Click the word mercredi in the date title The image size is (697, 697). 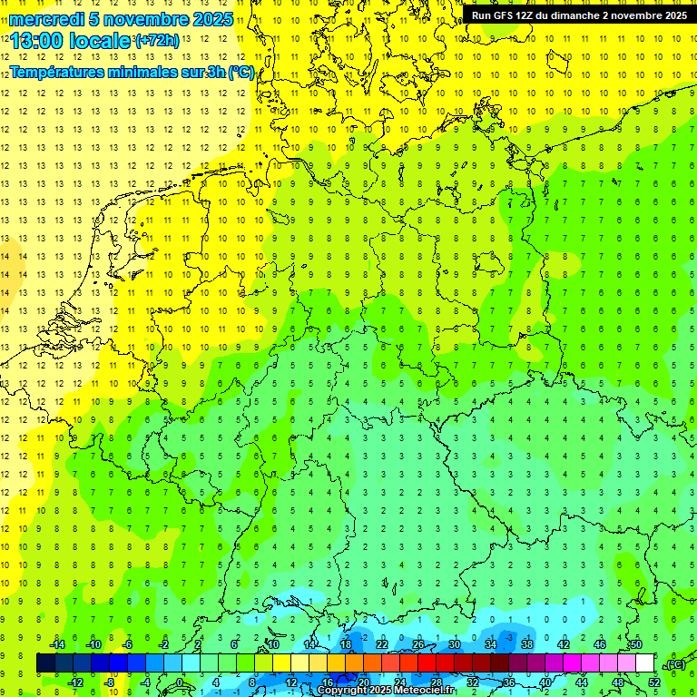click(45, 19)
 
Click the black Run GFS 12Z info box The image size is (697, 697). click(578, 15)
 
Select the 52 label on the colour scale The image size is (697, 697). click(654, 682)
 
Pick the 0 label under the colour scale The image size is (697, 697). click(181, 682)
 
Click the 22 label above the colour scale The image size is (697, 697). click(382, 644)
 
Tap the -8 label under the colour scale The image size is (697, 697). click(109, 682)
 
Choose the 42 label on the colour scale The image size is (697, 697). click(563, 644)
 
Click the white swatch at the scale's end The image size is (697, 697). click(645, 663)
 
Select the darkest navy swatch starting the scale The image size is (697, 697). click(45, 663)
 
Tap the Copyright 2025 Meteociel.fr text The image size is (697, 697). click(386, 691)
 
